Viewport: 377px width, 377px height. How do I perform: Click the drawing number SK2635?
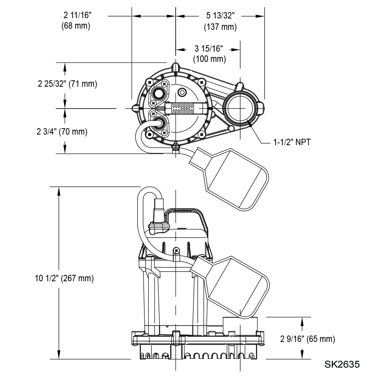(342, 365)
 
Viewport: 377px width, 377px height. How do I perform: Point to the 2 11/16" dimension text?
(78, 15)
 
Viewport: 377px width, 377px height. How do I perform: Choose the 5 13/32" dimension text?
(221, 15)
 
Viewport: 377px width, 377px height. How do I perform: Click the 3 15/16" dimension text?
(209, 48)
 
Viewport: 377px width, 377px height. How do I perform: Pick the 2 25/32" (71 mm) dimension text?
(67, 84)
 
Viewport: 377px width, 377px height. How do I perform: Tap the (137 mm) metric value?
(220, 27)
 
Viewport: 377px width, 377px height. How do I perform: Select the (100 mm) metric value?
(209, 59)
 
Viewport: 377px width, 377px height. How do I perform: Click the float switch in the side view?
(234, 287)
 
